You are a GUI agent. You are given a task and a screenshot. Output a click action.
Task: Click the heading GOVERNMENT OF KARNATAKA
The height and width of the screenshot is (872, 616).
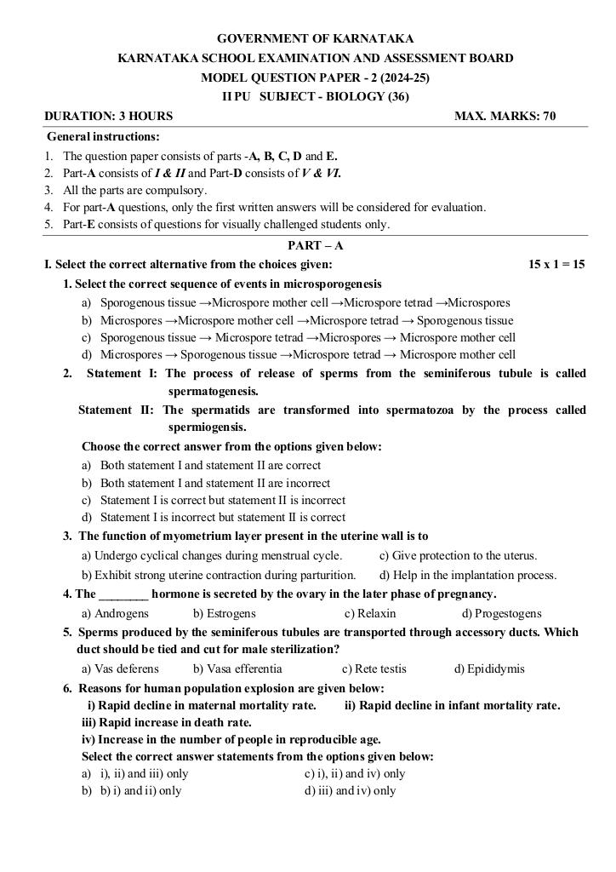click(x=316, y=38)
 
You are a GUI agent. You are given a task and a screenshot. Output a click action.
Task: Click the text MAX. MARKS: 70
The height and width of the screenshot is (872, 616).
click(x=505, y=116)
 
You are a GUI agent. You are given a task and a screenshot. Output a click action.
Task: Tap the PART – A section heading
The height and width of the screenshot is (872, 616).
click(x=316, y=245)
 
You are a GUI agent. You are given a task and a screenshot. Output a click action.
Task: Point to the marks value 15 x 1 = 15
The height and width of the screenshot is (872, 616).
click(x=556, y=265)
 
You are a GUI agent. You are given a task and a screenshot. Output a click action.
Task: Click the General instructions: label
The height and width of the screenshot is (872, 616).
click(x=103, y=136)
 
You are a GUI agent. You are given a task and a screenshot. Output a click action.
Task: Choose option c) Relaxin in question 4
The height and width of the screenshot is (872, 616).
click(x=370, y=613)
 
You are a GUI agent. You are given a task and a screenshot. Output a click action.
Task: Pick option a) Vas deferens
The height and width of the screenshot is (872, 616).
click(x=120, y=668)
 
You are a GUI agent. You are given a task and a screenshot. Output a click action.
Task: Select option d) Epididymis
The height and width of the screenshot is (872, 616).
click(x=489, y=668)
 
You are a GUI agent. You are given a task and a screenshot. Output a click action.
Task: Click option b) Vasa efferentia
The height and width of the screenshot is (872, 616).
click(x=237, y=668)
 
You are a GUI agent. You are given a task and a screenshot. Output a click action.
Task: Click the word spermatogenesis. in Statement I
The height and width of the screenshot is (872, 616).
click(x=214, y=391)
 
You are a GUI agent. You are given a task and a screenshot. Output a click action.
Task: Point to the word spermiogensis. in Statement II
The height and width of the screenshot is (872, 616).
click(x=208, y=427)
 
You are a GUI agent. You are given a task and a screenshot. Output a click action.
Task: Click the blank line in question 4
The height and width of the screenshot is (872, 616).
click(x=124, y=594)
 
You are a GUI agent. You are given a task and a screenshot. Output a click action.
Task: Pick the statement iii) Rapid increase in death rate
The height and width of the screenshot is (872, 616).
click(x=167, y=722)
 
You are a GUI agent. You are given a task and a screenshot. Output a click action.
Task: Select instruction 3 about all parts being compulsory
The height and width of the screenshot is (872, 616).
click(x=134, y=190)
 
